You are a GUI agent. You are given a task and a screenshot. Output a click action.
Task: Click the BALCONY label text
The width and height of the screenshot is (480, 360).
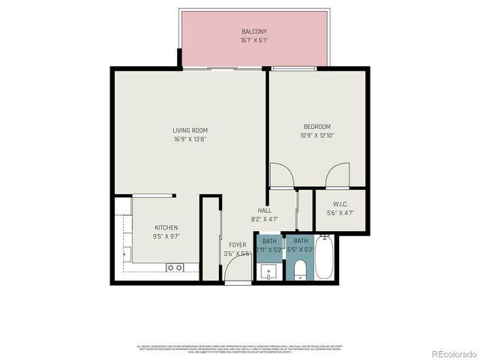tap(254, 31)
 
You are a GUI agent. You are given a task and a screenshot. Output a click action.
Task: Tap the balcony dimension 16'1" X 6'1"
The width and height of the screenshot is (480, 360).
tap(254, 40)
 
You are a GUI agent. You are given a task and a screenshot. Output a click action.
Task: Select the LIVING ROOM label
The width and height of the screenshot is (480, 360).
tap(190, 130)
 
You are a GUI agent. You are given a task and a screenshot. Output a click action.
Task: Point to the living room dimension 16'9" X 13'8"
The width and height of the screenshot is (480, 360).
tap(190, 139)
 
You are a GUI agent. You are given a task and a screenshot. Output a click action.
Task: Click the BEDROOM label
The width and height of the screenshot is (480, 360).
tap(316, 127)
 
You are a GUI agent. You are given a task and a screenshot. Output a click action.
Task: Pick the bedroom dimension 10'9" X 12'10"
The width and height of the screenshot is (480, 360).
tap(316, 136)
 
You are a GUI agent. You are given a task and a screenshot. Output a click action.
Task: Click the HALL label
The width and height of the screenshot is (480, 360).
tap(265, 211)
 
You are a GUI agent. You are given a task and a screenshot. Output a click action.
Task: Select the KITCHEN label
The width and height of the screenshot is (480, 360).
tap(166, 227)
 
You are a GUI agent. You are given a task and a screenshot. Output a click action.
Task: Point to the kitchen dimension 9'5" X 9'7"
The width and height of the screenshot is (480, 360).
tap(166, 236)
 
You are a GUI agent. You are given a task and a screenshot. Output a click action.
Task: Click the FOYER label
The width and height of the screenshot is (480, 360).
tap(237, 244)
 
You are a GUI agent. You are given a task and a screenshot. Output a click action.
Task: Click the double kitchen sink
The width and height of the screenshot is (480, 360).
tap(175, 267)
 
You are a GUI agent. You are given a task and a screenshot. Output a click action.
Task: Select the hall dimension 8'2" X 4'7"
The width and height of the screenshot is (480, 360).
tap(265, 219)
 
